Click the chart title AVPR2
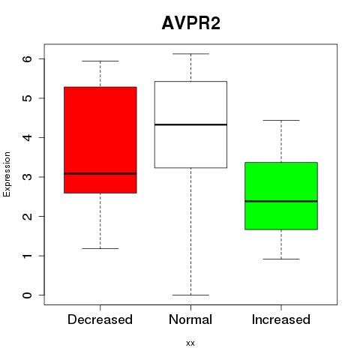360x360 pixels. pos(191,23)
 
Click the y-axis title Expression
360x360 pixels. pos(7,174)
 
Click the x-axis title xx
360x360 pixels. pos(190,343)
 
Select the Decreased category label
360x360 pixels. pos(100,319)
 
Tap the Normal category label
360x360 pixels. pos(190,319)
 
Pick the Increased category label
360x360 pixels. pos(281,319)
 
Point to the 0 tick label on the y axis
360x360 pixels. pos(28,295)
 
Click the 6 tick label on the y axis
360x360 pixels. pos(28,58)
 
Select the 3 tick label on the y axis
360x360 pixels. pos(28,177)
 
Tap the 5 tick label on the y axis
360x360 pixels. pos(28,98)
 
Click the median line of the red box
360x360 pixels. pos(100,173)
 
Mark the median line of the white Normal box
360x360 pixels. pos(190,124)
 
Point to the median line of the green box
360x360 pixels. pos(281,201)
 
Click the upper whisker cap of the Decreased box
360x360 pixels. pos(100,61)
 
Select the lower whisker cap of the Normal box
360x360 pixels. pos(190,295)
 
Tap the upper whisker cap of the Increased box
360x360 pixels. pos(281,120)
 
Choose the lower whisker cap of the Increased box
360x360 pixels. pos(281,259)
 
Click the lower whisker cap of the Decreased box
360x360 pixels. pos(100,248)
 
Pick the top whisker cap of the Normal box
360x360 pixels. pos(190,54)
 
